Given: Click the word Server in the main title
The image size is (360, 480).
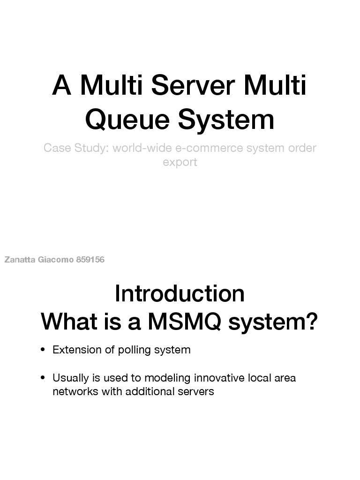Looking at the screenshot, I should [193, 86].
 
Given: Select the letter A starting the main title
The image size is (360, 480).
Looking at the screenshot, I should [61, 86].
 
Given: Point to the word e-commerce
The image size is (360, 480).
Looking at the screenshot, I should [203, 148].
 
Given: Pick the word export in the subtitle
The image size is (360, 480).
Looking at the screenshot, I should [180, 162].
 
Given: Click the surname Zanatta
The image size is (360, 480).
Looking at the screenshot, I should [20, 260].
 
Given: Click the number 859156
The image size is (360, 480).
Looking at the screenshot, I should [90, 260].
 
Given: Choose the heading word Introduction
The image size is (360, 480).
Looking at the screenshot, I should [180, 294].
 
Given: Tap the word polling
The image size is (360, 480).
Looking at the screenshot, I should [132, 350].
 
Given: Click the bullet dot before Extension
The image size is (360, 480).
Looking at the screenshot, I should [43, 350].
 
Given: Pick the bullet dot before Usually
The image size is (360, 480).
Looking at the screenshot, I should [43, 378].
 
